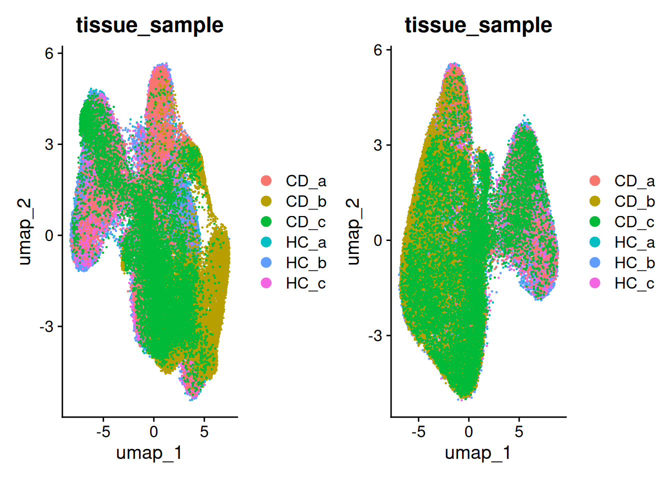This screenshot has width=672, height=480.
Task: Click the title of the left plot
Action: click(x=149, y=25)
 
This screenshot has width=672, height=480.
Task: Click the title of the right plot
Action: click(x=478, y=25)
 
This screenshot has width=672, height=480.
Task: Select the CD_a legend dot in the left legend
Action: click(x=266, y=180)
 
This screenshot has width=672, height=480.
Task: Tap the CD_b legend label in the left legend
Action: click(x=305, y=201)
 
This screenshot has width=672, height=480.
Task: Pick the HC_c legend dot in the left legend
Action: click(x=266, y=283)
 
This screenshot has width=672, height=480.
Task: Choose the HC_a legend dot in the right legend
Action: click(x=595, y=242)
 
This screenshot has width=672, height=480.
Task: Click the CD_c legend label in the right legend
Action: click(x=634, y=222)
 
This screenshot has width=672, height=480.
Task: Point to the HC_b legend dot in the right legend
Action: click(x=595, y=262)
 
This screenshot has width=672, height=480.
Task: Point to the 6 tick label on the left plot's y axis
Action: click(x=49, y=53)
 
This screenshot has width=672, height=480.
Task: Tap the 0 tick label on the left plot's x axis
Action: click(x=153, y=431)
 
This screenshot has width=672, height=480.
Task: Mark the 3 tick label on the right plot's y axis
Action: click(x=377, y=145)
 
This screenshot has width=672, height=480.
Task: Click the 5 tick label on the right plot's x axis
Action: click(x=519, y=431)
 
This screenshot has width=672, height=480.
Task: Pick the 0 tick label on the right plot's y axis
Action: click(x=377, y=240)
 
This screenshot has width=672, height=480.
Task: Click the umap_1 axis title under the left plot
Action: click(x=149, y=453)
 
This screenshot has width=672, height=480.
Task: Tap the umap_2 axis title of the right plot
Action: click(x=353, y=231)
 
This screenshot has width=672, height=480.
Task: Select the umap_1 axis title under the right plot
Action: click(x=478, y=453)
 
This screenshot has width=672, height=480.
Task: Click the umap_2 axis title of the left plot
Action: click(x=24, y=231)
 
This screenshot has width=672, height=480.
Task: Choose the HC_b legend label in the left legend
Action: click(x=305, y=263)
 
